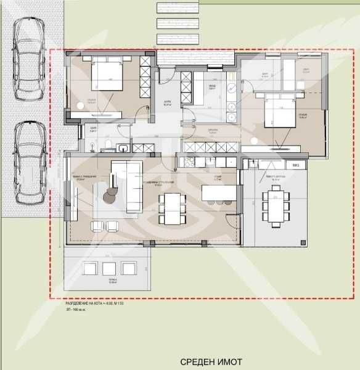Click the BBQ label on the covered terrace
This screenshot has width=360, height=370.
tap(295, 165)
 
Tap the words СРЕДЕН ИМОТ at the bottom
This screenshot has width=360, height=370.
tap(211, 362)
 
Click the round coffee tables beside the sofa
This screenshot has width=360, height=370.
tap(111, 192)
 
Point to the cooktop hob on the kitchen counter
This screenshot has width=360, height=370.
tap(189, 163)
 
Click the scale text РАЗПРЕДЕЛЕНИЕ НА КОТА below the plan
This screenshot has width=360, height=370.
tap(93, 305)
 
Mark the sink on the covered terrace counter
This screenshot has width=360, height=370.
tap(251, 163)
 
